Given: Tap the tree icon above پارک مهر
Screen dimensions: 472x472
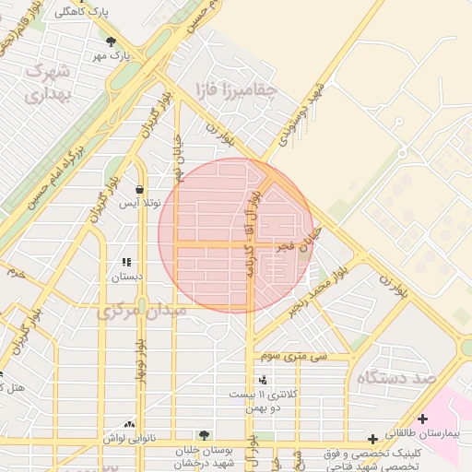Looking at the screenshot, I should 112,41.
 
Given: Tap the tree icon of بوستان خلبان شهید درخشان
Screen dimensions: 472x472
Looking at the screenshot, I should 204,434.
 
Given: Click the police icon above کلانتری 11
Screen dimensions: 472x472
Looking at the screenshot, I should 264,379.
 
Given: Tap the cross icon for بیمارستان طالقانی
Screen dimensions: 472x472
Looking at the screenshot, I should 422,419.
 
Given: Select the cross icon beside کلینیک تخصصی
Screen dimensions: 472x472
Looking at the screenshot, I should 372,440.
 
